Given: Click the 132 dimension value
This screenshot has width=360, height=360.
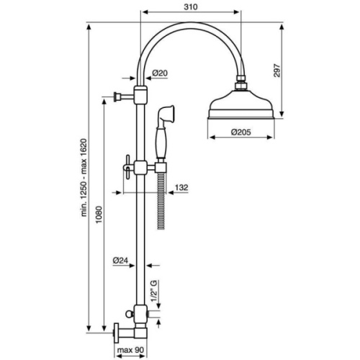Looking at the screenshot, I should (181, 187).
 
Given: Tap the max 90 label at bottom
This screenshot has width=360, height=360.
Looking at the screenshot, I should (130, 353).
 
